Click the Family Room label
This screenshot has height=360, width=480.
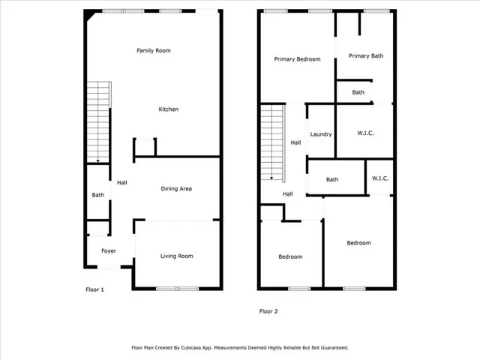pyautogui.click(x=154, y=51)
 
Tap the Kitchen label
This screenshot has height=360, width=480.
pyautogui.click(x=168, y=109)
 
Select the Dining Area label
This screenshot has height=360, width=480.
pyautogui.click(x=177, y=189)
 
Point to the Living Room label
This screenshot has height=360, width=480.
pyautogui.click(x=177, y=256)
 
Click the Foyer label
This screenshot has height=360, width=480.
pyautogui.click(x=109, y=251)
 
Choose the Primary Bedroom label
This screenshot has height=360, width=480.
pyautogui.click(x=298, y=59)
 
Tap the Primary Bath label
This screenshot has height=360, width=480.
pyautogui.click(x=366, y=55)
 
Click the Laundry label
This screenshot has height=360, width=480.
pyautogui.click(x=320, y=134)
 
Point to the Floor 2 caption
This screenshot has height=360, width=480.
pyautogui.click(x=269, y=311)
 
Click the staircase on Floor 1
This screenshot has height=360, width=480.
pyautogui.click(x=97, y=124)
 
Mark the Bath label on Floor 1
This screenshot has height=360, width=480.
pyautogui.click(x=98, y=196)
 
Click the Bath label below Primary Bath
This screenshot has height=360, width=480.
pyautogui.click(x=358, y=93)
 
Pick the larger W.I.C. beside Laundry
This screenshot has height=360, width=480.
pyautogui.click(x=365, y=133)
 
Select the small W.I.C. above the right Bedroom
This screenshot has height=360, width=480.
pyautogui.click(x=379, y=179)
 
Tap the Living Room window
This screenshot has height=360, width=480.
pyautogui.click(x=178, y=289)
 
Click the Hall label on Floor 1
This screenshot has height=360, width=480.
pyautogui.click(x=121, y=182)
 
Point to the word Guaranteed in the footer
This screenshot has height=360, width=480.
pyautogui.click(x=331, y=348)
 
